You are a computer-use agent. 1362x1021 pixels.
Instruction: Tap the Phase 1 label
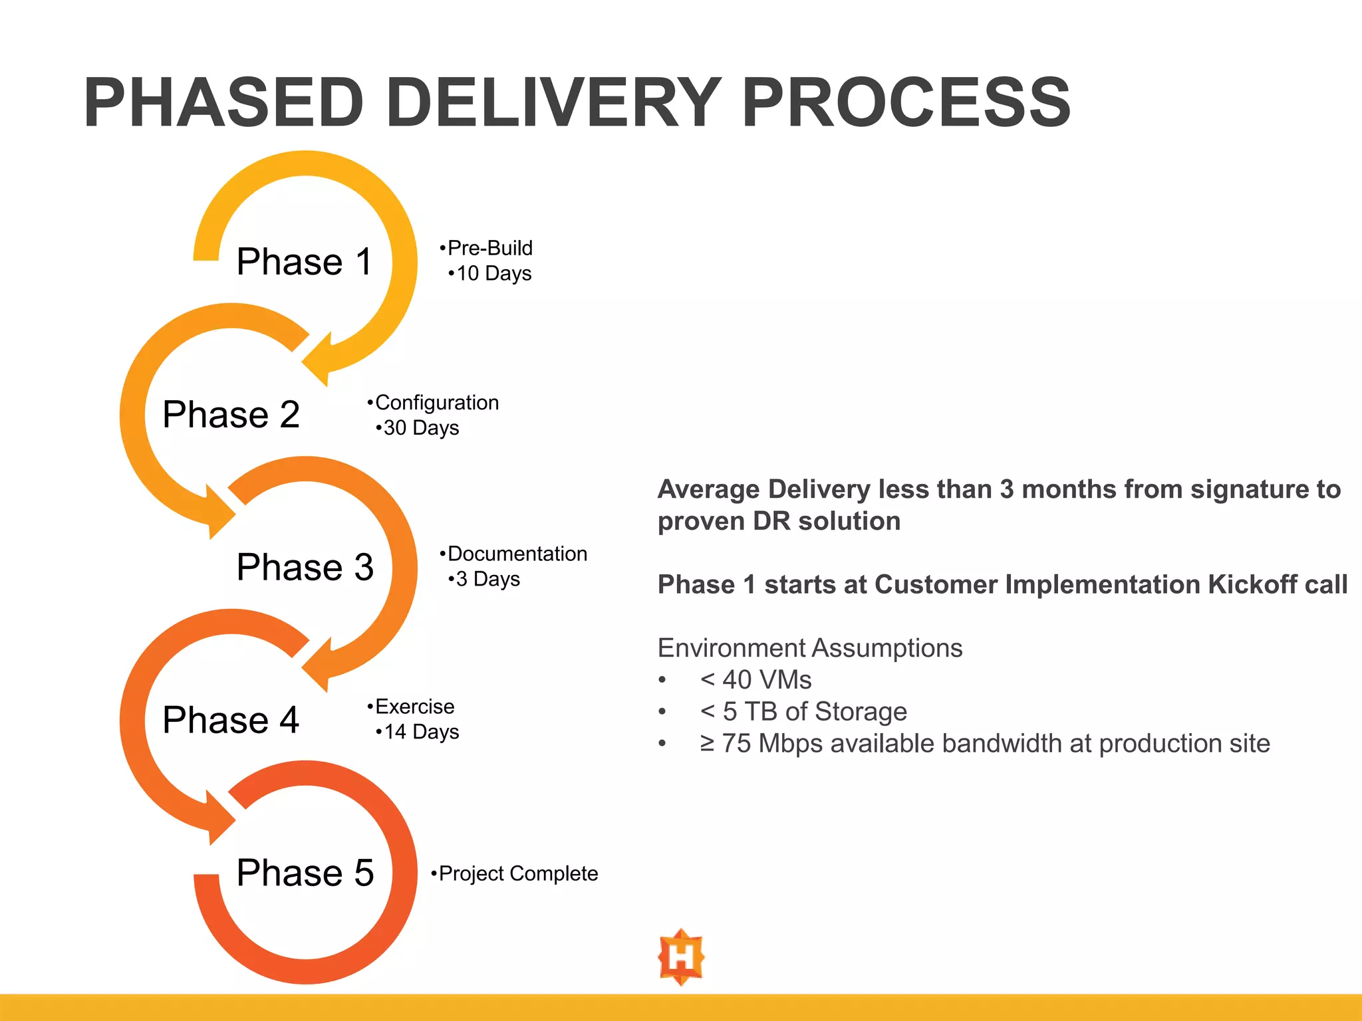pos(304,261)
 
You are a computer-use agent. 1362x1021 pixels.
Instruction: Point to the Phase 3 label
pos(305,567)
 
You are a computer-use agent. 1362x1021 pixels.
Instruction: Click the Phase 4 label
pos(231,720)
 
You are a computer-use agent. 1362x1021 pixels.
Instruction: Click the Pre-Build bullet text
pos(489,248)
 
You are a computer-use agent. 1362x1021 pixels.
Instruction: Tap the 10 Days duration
pos(493,273)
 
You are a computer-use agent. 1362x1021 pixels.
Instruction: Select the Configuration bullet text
pos(436,402)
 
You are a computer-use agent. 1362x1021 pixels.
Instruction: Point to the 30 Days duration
pos(421,427)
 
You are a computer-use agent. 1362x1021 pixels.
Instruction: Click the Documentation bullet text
pos(517,554)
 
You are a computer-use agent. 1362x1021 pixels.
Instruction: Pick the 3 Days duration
pos(487,579)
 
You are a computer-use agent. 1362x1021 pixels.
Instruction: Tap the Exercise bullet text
pos(414,706)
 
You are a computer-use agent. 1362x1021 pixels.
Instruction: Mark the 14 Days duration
pos(421,732)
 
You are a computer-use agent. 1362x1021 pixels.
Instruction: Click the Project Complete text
pos(518,873)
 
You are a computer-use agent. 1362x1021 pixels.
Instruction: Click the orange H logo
pos(681,957)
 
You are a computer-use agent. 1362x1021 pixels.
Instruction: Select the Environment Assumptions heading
pos(809,648)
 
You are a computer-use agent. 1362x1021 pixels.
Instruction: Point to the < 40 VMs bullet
pos(755,680)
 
